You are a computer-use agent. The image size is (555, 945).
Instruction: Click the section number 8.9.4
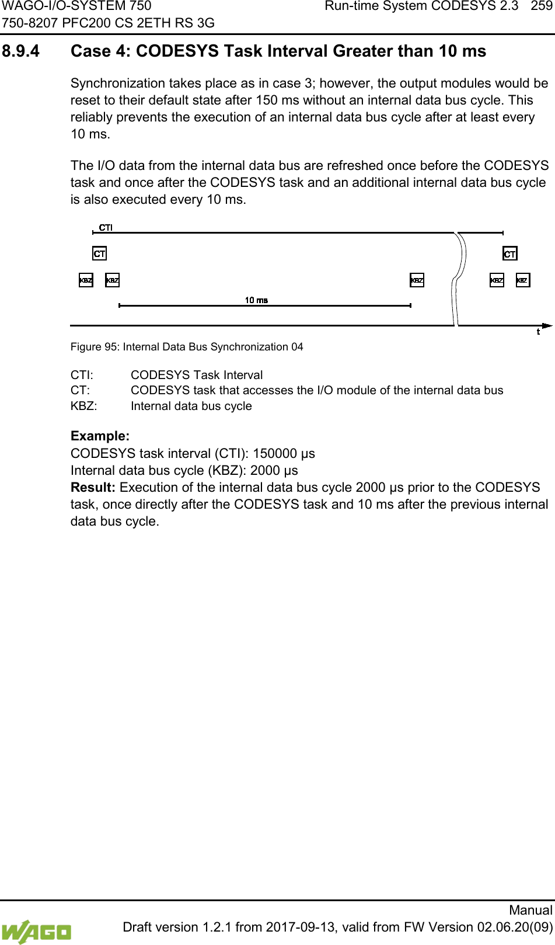(22, 51)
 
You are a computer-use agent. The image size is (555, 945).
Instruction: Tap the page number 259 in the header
(541, 7)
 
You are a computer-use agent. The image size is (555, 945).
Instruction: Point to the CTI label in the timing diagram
(106, 227)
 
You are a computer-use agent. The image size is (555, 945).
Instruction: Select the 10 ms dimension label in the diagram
(256, 300)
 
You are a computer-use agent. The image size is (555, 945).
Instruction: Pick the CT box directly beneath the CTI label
(100, 253)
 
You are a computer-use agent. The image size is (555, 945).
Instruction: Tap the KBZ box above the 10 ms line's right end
(417, 280)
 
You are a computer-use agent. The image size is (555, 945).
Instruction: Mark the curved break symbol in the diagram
(461, 275)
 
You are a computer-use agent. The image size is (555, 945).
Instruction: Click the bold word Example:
(100, 436)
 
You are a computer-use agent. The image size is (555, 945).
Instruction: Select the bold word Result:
(93, 488)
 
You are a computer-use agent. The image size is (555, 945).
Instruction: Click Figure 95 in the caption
(95, 347)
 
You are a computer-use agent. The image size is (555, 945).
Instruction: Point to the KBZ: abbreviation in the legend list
(84, 406)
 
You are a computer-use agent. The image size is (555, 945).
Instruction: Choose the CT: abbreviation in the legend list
(80, 390)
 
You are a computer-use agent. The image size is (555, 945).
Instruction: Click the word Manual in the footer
(530, 910)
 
